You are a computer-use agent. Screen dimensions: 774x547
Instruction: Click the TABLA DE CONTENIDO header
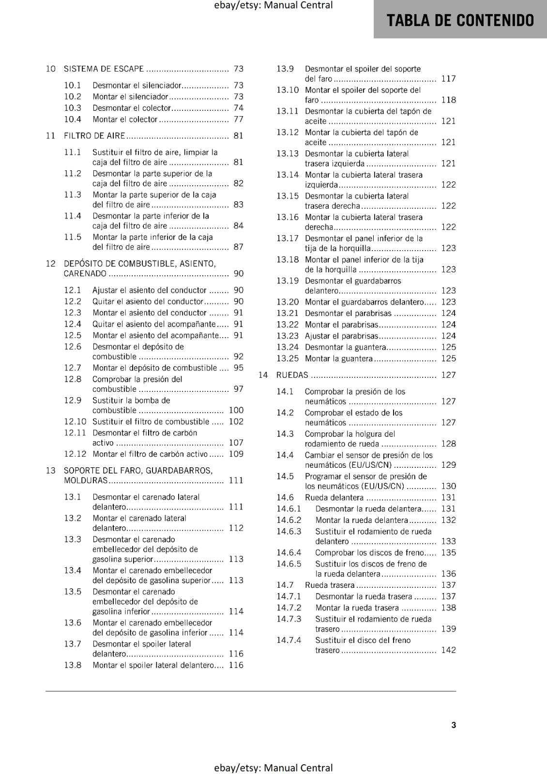pyautogui.click(x=460, y=20)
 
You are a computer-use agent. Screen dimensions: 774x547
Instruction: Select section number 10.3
pyautogui.click(x=73, y=108)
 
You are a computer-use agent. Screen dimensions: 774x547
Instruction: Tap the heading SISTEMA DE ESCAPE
pyautogui.click(x=104, y=69)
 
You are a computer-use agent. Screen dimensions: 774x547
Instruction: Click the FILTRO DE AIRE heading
pyautogui.click(x=94, y=136)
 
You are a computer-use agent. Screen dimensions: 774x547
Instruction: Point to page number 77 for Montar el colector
pyautogui.click(x=238, y=119)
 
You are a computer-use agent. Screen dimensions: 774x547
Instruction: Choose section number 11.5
pyautogui.click(x=73, y=237)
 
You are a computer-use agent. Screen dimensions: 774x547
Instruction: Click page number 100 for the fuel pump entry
pyautogui.click(x=236, y=410)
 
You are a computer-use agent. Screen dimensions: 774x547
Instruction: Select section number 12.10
pyautogui.click(x=75, y=421)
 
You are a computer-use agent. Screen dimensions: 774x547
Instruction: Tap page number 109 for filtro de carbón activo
pyautogui.click(x=236, y=454)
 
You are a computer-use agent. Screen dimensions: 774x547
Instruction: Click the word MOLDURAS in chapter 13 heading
pyautogui.click(x=86, y=480)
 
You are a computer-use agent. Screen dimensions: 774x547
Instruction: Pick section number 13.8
pyautogui.click(x=73, y=665)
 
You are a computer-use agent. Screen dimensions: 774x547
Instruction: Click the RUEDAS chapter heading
pyautogui.click(x=292, y=375)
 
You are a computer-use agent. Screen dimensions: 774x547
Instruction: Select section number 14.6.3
pyautogui.click(x=289, y=531)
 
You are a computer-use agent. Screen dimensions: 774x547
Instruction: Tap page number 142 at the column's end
pyautogui.click(x=448, y=650)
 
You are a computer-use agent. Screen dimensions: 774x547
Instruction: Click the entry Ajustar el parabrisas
pyautogui.click(x=341, y=336)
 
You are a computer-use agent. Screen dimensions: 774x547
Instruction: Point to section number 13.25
pyautogui.click(x=288, y=358)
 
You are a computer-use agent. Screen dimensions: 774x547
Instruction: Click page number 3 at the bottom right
pyautogui.click(x=454, y=725)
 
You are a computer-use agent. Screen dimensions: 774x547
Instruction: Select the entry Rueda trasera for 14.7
pyautogui.click(x=330, y=585)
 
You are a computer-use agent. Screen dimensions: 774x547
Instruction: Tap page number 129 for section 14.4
pyautogui.click(x=448, y=465)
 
